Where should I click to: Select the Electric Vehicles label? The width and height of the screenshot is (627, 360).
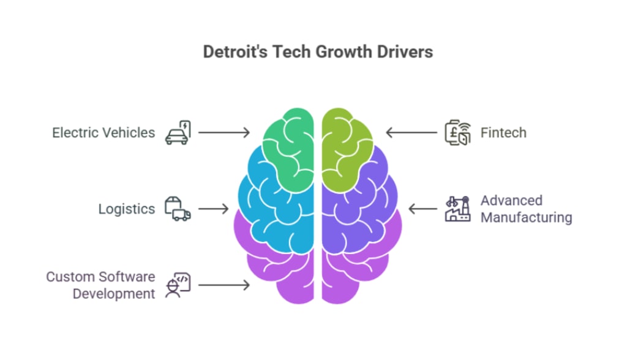(103, 132)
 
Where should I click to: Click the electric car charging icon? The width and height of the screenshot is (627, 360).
(178, 132)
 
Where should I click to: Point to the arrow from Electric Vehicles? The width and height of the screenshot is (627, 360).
(224, 132)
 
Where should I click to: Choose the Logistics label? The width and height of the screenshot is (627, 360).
(127, 209)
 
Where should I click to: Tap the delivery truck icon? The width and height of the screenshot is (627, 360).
(178, 209)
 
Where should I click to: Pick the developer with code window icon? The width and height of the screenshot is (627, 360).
(178, 285)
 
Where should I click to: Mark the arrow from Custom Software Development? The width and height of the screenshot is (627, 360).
(224, 285)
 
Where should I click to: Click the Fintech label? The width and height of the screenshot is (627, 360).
(503, 132)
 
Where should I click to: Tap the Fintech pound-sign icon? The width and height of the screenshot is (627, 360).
(457, 132)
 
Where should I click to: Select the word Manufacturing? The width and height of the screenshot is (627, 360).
(526, 217)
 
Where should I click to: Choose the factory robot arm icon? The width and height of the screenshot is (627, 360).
(457, 209)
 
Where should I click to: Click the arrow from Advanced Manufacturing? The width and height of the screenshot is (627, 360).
(423, 209)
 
